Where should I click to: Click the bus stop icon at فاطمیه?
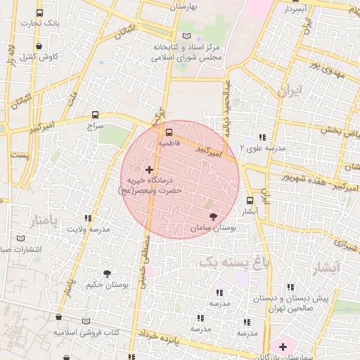point(168,131)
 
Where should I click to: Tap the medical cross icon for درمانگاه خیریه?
point(149,169)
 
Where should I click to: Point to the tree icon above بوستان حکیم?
point(107,274)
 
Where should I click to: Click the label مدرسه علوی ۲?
point(262,148)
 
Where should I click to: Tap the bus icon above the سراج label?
point(95,115)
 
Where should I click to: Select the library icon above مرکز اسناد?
point(186,36)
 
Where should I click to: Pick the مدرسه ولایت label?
point(89,229)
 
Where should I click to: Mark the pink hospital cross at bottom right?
point(283,346)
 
